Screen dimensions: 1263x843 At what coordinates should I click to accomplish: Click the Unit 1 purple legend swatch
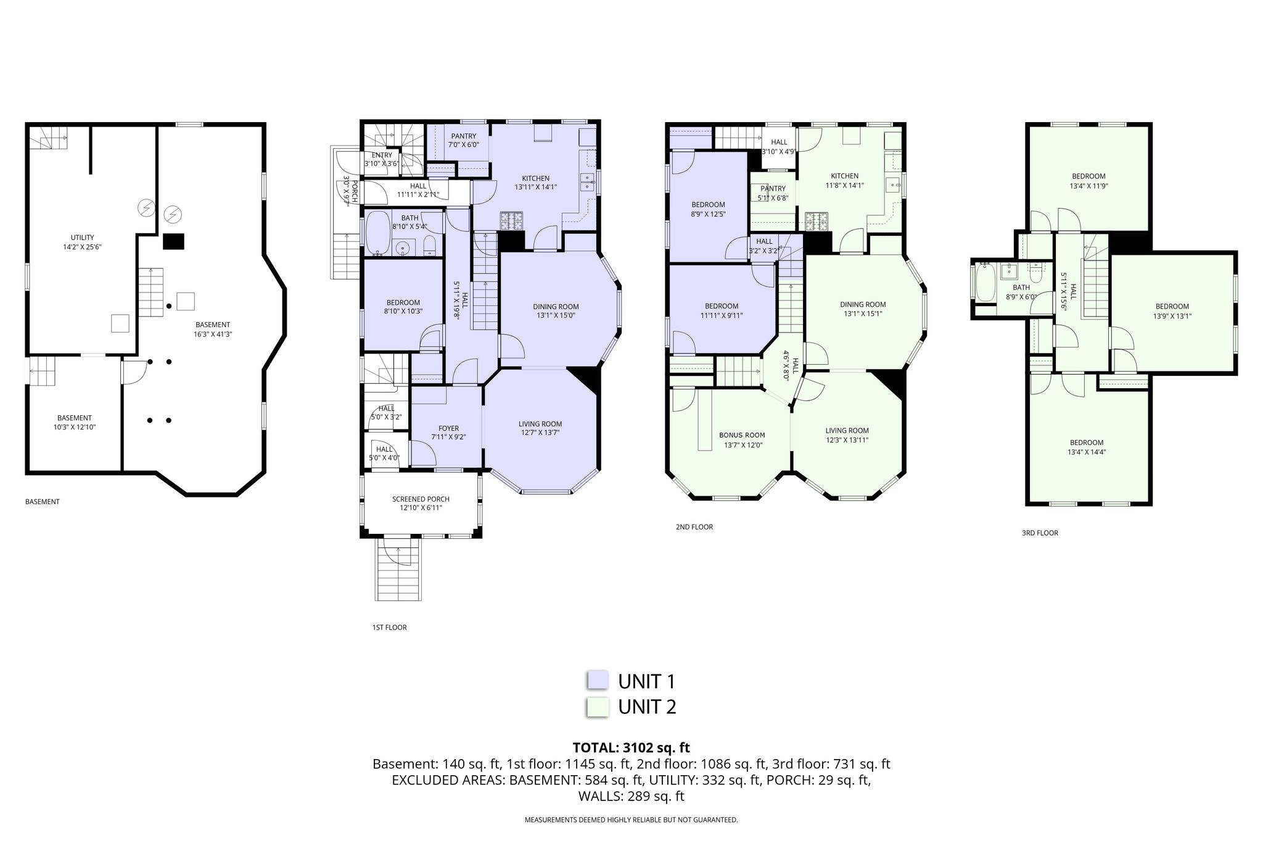coord(597,679)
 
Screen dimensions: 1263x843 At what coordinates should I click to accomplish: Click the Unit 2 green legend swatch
coord(597,707)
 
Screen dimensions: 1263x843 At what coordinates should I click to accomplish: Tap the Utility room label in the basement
coord(82,238)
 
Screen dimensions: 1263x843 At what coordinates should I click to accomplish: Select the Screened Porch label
coord(421,499)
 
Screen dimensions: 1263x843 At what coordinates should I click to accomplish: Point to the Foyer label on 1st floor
coord(448,428)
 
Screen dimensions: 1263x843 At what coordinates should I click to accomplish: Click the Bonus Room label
coord(742,435)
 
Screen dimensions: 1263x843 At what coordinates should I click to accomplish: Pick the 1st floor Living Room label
coord(540,424)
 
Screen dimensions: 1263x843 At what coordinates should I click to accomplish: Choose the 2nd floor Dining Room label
coord(863,304)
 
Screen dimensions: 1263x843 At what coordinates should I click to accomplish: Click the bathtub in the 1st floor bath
coord(377,233)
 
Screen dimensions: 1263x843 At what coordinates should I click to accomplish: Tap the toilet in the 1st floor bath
coord(430,246)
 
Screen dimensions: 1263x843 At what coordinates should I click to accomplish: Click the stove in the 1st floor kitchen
coord(511,220)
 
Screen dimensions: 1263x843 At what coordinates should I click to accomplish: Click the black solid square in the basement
coord(173,241)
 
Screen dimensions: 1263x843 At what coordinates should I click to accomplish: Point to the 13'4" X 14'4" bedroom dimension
coord(1087,452)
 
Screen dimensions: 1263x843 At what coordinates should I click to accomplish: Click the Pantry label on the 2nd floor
coord(773,189)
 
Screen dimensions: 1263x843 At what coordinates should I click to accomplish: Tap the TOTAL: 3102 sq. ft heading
coord(631,748)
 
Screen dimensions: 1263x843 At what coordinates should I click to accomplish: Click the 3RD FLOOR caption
coord(1040,533)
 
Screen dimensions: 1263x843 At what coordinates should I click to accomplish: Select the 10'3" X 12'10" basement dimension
coord(75,427)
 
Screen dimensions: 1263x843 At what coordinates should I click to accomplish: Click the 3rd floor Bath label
coord(1021,288)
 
